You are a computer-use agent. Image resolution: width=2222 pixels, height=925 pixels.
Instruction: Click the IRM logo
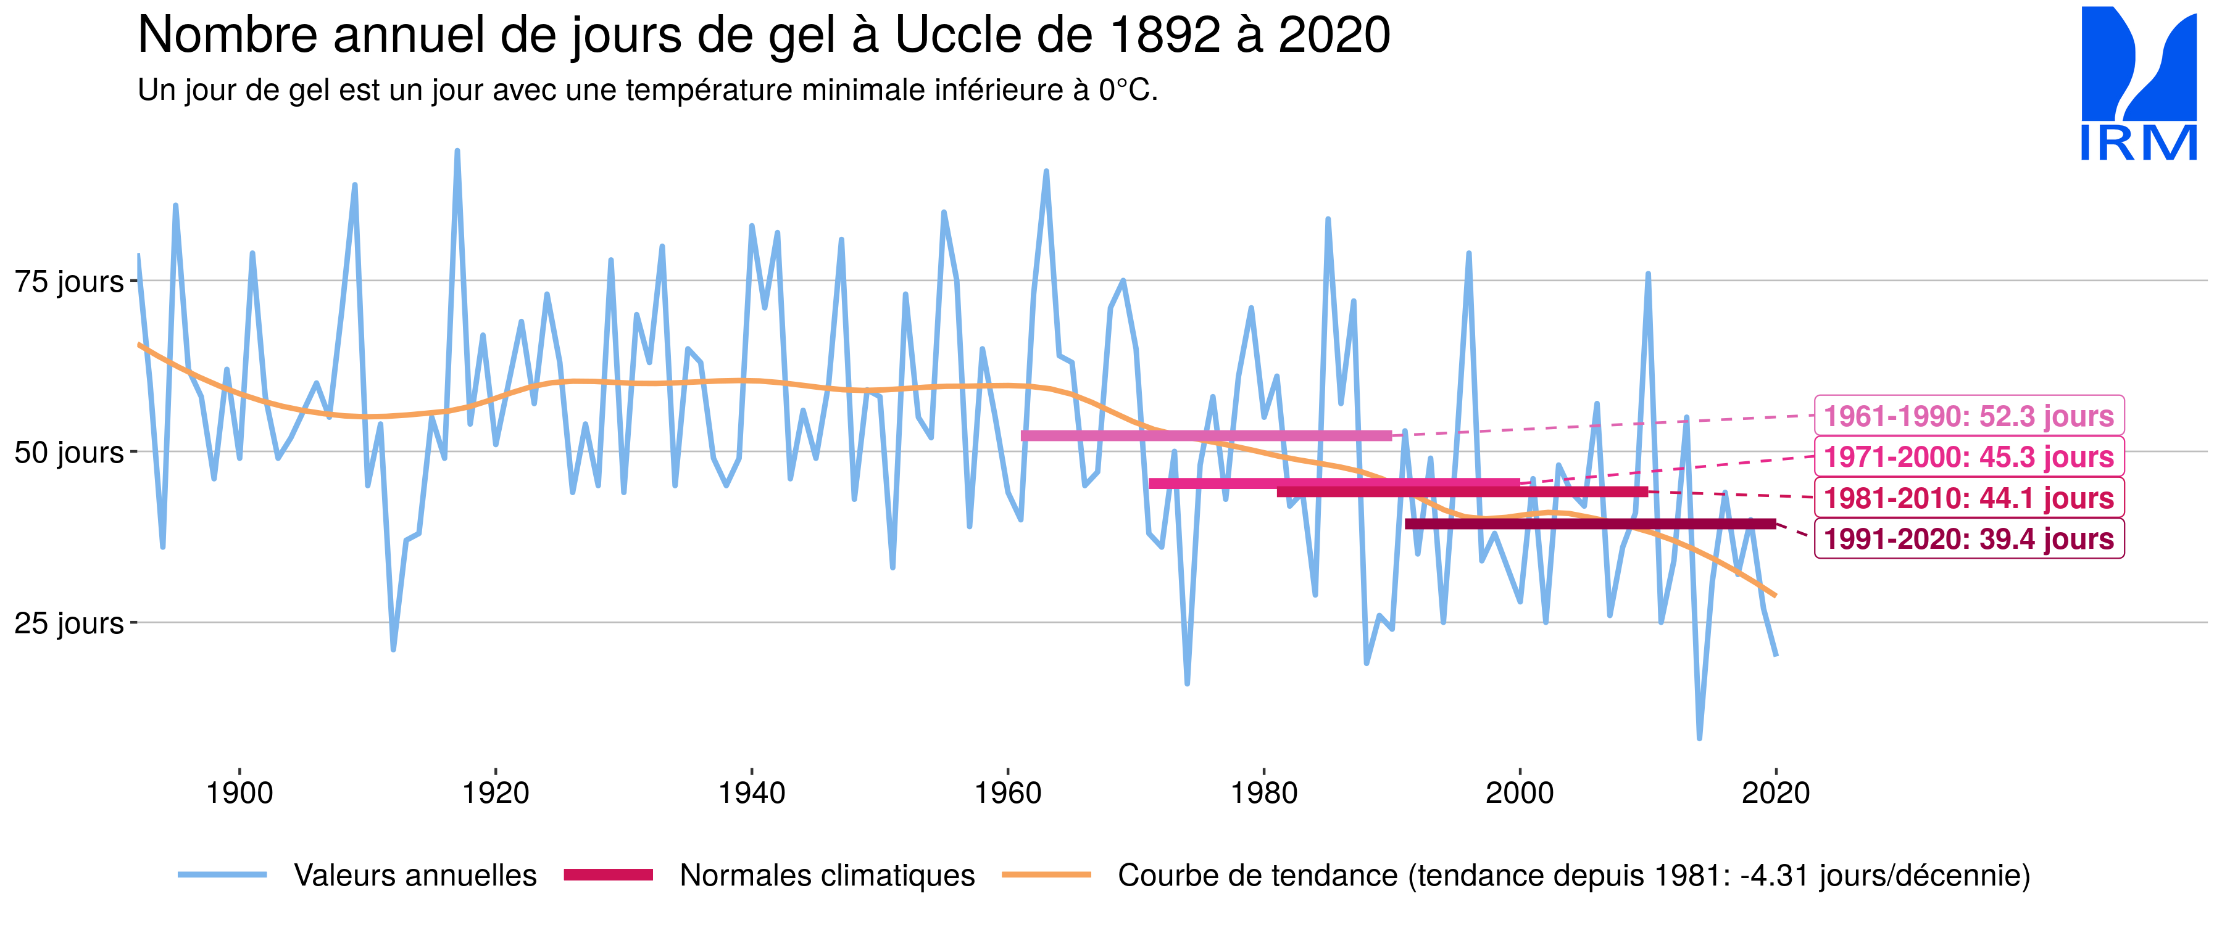coord(2138,84)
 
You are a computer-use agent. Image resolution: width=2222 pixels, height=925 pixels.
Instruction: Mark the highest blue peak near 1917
coord(457,152)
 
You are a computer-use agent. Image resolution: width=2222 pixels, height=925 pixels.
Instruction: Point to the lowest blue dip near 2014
coord(1699,737)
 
